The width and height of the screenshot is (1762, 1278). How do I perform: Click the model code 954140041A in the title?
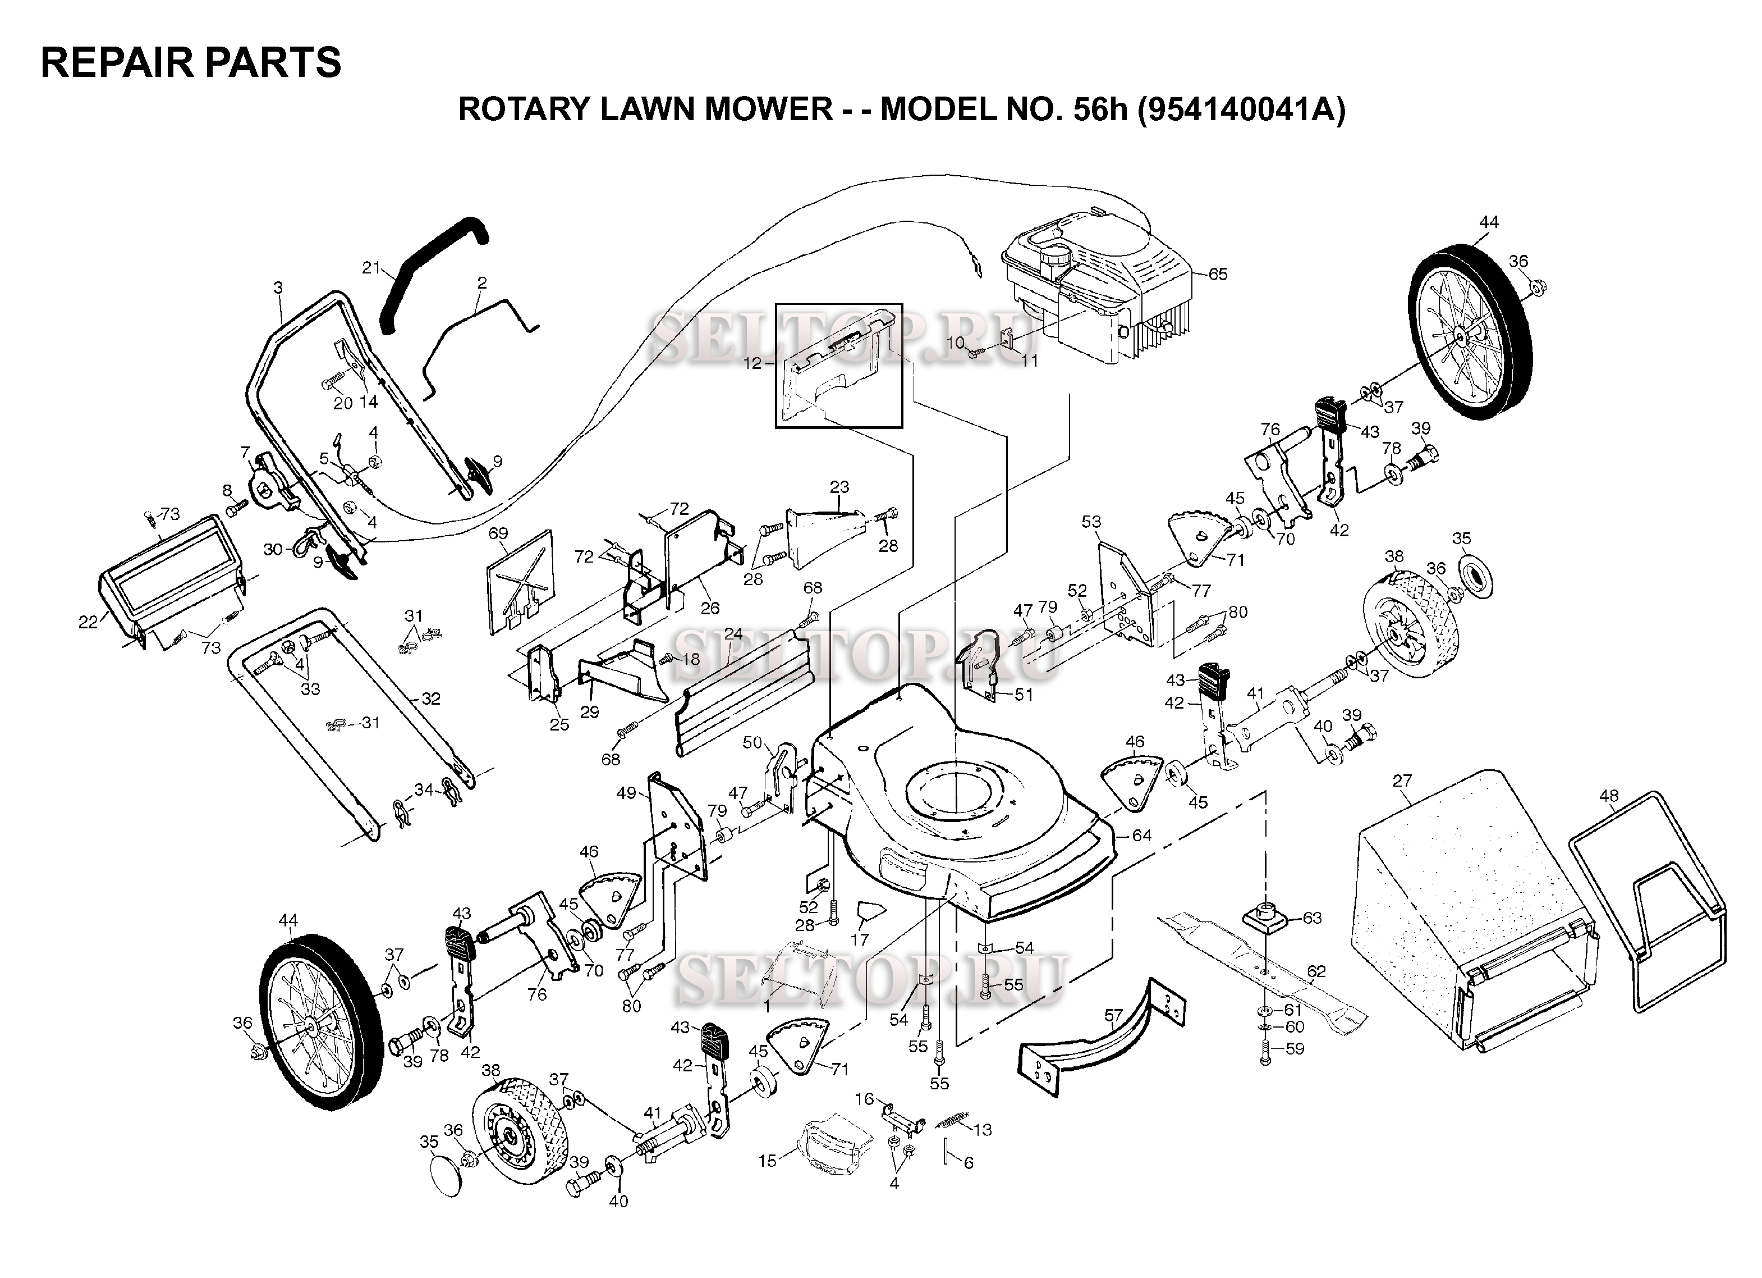point(1240,109)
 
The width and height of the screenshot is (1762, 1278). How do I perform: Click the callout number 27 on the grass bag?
point(1402,781)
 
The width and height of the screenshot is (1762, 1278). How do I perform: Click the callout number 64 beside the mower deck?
point(1141,836)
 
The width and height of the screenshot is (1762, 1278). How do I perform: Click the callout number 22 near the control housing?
point(88,621)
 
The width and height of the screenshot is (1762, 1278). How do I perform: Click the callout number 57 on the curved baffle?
point(1113,1015)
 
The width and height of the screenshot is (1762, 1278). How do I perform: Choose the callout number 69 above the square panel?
point(498,533)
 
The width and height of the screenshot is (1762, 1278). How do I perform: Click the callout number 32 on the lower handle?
point(431,699)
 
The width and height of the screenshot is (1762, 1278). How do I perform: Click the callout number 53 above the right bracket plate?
point(1091,522)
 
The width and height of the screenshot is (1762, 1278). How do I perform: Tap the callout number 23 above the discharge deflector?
point(839,487)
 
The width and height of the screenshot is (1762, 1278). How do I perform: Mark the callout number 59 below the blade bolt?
point(1295,1049)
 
